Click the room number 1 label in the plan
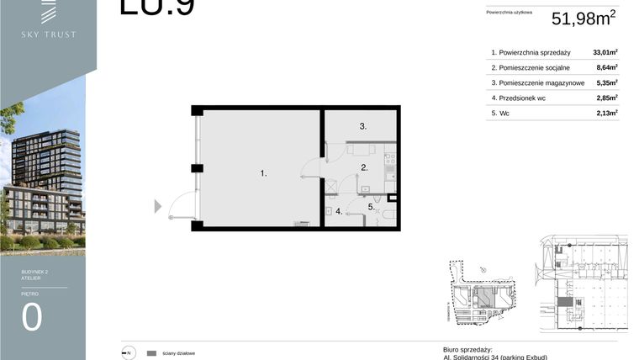click(x=263, y=173)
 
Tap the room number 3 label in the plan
click(x=362, y=127)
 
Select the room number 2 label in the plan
click(x=364, y=168)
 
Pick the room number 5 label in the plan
click(x=370, y=206)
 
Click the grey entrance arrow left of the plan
click(x=157, y=206)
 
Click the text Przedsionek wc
click(x=525, y=98)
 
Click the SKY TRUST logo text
click(x=48, y=34)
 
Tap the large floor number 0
click(x=32, y=317)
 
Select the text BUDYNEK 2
click(x=36, y=272)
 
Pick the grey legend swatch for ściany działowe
click(x=151, y=353)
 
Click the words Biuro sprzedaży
click(x=467, y=348)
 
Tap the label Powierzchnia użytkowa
click(x=510, y=13)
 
